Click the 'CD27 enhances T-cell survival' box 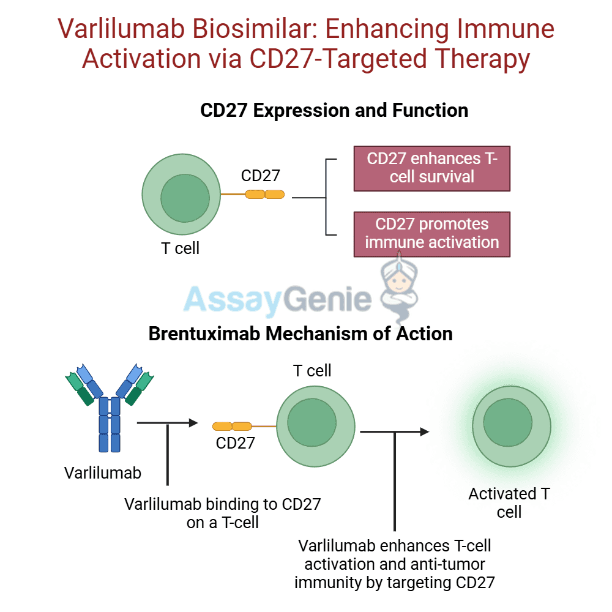pyautogui.click(x=432, y=168)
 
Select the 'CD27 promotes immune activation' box pyautogui.click(x=432, y=233)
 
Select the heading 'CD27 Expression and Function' pyautogui.click(x=334, y=111)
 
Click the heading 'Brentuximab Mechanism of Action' pyautogui.click(x=300, y=334)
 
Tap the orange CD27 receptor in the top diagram pyautogui.click(x=265, y=195)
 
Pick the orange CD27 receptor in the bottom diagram pyautogui.click(x=232, y=427)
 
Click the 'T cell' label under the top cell pyautogui.click(x=180, y=249)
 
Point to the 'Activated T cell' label pyautogui.click(x=509, y=502)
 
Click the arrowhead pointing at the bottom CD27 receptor pyautogui.click(x=195, y=422)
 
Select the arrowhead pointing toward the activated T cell pyautogui.click(x=425, y=431)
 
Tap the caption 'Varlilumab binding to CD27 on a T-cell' pyautogui.click(x=223, y=513)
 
